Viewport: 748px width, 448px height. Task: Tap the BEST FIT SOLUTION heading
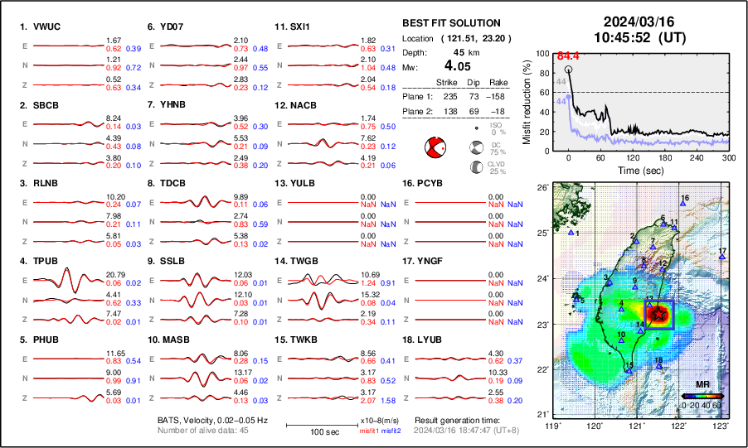(x=451, y=23)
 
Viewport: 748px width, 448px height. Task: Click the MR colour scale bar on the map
(x=702, y=396)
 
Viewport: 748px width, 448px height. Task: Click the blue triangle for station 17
(x=721, y=258)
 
